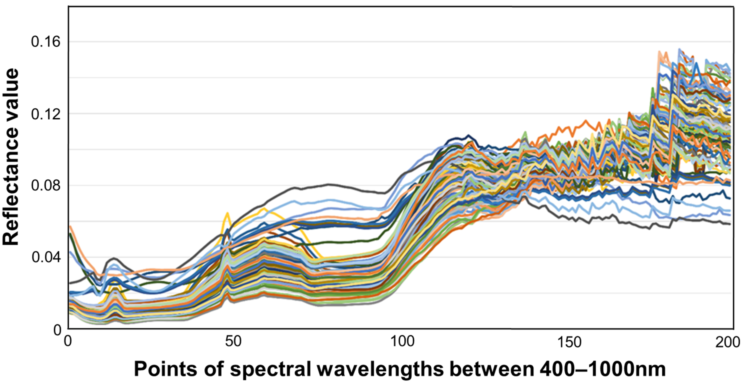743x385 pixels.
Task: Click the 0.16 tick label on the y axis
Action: coord(42,42)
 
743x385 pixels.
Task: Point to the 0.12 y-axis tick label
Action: coord(42,114)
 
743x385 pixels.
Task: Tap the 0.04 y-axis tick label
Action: coord(42,257)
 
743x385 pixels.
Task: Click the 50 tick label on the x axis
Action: coord(233,342)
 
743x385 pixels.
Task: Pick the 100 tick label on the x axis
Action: coord(402,342)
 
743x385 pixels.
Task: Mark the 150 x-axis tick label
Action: coord(569,342)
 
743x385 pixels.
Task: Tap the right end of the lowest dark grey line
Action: coord(729,224)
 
